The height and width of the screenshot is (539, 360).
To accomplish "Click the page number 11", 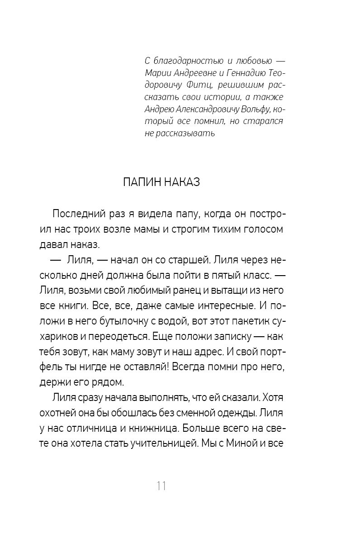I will pos(161,486).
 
